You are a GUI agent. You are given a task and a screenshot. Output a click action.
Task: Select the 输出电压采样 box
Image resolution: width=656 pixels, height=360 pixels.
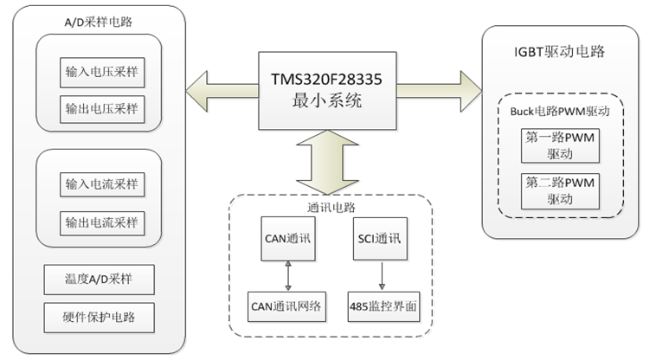[x=101, y=109]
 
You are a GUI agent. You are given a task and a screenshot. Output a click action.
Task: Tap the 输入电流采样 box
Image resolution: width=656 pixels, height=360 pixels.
[x=101, y=184]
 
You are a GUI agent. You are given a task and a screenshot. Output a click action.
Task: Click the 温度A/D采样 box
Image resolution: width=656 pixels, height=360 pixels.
[x=99, y=280]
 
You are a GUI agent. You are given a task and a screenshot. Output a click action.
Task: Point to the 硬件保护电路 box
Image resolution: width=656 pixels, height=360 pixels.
[x=99, y=317]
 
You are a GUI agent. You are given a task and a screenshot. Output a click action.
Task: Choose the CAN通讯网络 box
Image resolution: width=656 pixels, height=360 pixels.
[x=288, y=307]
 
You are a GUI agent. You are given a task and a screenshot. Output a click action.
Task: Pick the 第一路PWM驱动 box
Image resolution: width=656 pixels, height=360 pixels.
[x=560, y=145]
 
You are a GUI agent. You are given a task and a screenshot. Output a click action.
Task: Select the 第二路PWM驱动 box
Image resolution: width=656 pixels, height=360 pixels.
[x=560, y=190]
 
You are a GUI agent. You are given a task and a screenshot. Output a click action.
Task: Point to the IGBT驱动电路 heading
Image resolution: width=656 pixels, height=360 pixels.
[x=558, y=51]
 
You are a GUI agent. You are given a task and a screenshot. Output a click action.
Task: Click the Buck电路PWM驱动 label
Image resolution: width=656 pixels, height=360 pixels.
[x=560, y=111]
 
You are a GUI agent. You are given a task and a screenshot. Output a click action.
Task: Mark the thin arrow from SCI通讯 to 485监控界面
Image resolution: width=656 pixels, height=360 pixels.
[x=382, y=274]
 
